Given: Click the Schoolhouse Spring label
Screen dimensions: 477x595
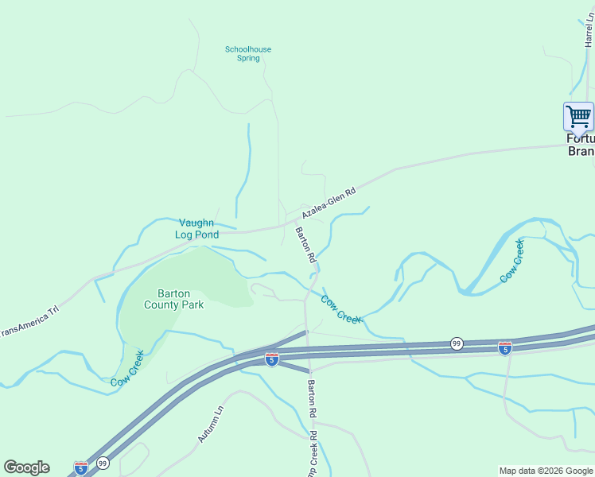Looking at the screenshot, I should pyautogui.click(x=247, y=53).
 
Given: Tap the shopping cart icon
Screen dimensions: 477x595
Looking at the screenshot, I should pyautogui.click(x=578, y=116).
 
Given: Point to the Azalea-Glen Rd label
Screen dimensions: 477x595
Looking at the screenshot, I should pyautogui.click(x=328, y=200).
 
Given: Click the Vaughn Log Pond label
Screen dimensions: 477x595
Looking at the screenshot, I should pyautogui.click(x=196, y=229).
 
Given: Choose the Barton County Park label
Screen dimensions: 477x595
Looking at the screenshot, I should pyautogui.click(x=174, y=298).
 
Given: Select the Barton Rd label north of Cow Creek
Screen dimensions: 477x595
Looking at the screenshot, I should pyautogui.click(x=306, y=245).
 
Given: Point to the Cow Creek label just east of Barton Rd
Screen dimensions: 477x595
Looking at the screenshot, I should pyautogui.click(x=341, y=309).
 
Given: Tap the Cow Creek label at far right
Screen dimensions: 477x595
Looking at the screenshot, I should pyautogui.click(x=512, y=261).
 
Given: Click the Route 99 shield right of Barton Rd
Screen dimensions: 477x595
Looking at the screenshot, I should pyautogui.click(x=456, y=343).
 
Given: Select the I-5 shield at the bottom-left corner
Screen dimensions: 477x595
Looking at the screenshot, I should pyautogui.click(x=81, y=467).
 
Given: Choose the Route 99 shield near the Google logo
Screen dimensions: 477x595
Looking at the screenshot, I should pyautogui.click(x=103, y=462).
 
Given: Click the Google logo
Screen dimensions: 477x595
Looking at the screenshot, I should pyautogui.click(x=26, y=467).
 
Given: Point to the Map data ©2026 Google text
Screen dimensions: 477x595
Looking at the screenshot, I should pyautogui.click(x=545, y=471).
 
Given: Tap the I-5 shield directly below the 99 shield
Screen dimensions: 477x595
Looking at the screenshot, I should pyautogui.click(x=504, y=347).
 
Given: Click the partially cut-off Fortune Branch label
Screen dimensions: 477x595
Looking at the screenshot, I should pyautogui.click(x=580, y=144).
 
